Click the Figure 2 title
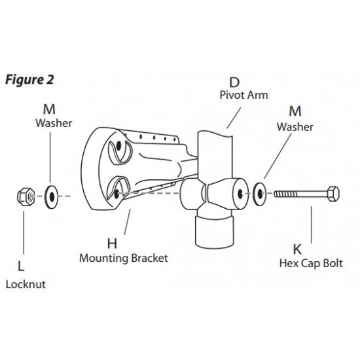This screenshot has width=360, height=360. pyautogui.click(x=29, y=80)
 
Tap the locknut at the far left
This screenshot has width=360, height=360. pyautogui.click(x=26, y=196)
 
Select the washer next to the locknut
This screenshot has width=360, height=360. pyautogui.click(x=52, y=197)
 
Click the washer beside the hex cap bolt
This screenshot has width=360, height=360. pyautogui.click(x=259, y=194)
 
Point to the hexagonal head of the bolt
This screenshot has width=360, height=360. pyautogui.click(x=333, y=194)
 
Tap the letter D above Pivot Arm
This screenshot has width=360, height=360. pyautogui.click(x=234, y=82)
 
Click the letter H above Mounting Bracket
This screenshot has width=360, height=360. pyautogui.click(x=112, y=243)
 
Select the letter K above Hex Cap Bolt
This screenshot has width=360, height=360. pyautogui.click(x=297, y=249)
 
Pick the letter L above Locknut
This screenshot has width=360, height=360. pyautogui.click(x=21, y=266)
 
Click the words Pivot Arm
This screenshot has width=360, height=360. pyautogui.click(x=244, y=95)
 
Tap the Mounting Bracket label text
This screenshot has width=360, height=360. pyautogui.click(x=124, y=258)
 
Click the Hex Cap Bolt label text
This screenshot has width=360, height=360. pyautogui.click(x=311, y=263)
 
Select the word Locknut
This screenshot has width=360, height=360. pyautogui.click(x=26, y=285)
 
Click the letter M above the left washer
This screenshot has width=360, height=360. pyautogui.click(x=49, y=109)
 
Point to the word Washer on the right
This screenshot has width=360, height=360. pyautogui.click(x=295, y=127)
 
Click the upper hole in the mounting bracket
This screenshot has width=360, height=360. pyautogui.click(x=118, y=146)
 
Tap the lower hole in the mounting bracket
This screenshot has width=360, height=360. pyautogui.click(x=117, y=194)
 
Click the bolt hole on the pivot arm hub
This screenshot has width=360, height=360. pyautogui.click(x=240, y=194)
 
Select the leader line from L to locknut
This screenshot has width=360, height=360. pyautogui.click(x=24, y=232)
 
